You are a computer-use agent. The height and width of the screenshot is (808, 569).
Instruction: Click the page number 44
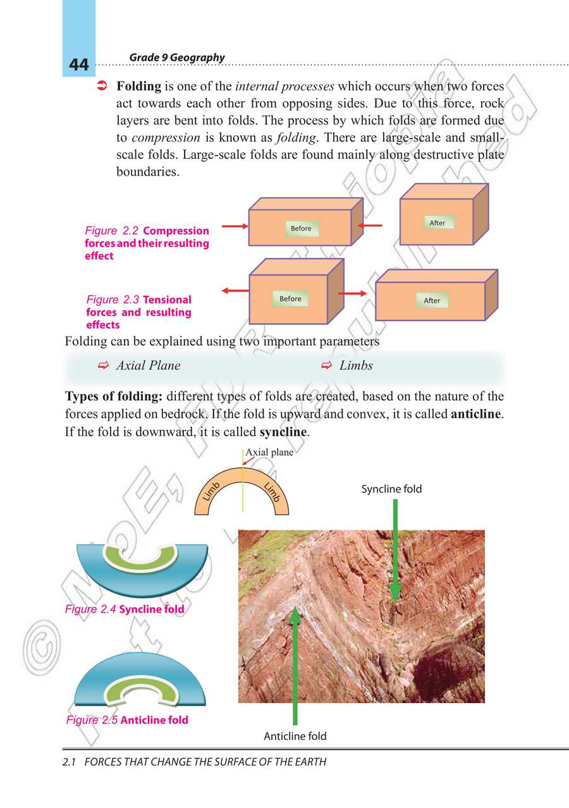tap(79, 65)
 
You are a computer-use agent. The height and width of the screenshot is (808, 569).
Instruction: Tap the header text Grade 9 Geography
tap(176, 58)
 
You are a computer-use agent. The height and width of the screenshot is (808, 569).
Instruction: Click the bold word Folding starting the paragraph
tap(139, 87)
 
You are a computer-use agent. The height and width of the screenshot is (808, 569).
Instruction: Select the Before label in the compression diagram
tap(301, 228)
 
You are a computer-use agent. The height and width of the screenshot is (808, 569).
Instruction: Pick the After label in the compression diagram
tap(437, 223)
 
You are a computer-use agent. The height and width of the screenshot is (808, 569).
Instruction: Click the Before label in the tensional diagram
tap(290, 298)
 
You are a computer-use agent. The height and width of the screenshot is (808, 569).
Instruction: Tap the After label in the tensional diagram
tap(432, 300)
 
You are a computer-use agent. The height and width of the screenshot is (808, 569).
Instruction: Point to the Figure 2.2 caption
tap(147, 243)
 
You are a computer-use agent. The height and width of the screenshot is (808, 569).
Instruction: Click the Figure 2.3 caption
tap(139, 312)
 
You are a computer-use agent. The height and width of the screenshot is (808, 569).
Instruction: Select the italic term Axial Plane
tap(148, 365)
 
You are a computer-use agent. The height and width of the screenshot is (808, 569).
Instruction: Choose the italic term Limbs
tap(356, 365)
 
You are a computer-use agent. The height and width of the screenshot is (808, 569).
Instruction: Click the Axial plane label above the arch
tap(269, 452)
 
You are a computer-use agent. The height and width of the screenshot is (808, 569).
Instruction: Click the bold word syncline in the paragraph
tap(283, 433)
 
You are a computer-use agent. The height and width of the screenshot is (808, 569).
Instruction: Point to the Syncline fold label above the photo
tap(391, 489)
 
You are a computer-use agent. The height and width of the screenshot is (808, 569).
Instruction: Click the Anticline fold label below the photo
tap(295, 736)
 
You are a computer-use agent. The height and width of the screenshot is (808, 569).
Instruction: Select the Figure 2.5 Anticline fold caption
tap(127, 719)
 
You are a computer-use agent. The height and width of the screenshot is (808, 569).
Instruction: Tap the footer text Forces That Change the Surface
tap(194, 762)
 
